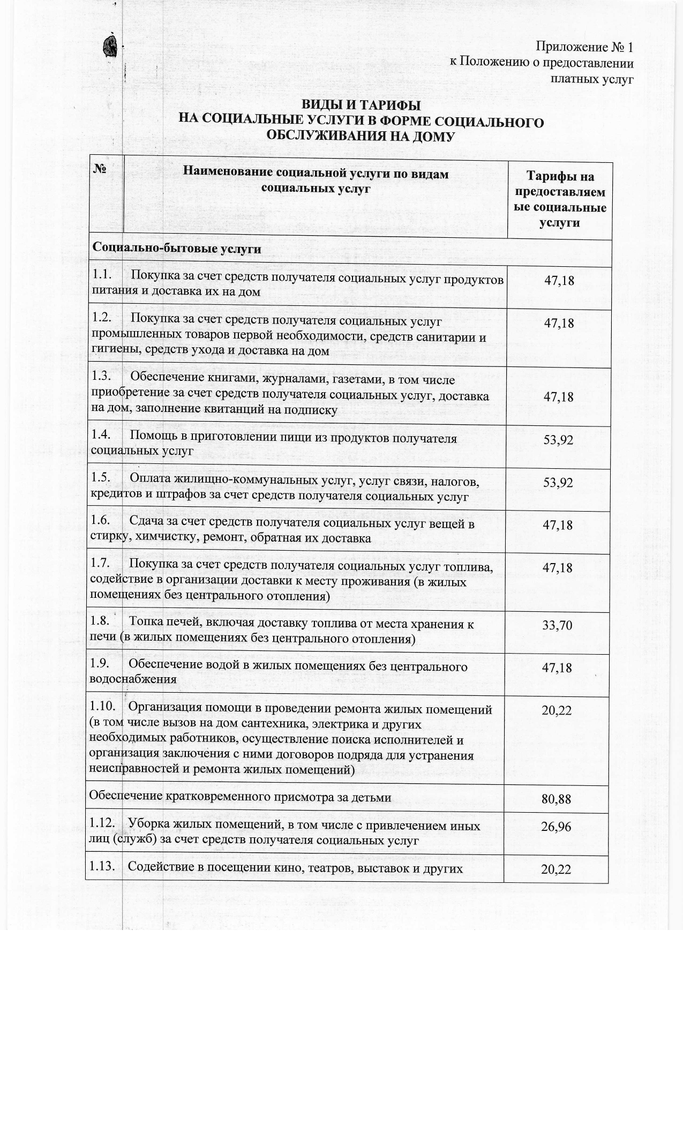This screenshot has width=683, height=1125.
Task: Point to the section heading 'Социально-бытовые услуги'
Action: pos(177,249)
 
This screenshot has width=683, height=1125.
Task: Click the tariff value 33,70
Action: pos(558,625)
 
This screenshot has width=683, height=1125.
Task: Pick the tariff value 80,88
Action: pos(557,799)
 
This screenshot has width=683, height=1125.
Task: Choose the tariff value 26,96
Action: pos(556,827)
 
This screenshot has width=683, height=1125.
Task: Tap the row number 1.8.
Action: pos(100,624)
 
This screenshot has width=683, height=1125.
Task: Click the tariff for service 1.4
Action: pos(558,440)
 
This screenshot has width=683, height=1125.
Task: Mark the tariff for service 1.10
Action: pos(557,711)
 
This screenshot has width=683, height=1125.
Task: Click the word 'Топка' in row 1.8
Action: pos(146,624)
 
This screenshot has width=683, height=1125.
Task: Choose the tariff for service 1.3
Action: pos(558,397)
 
